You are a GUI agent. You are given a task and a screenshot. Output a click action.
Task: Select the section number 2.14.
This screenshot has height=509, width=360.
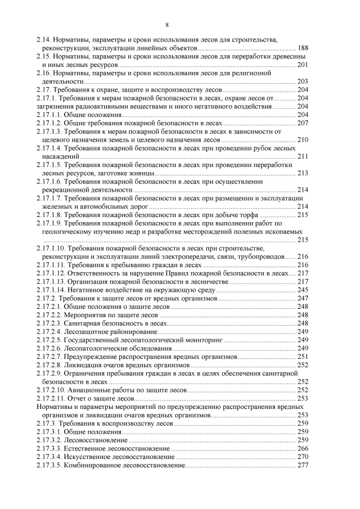pyautogui.click(x=44, y=41)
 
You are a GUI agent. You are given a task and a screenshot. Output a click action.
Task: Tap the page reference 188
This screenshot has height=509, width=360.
pyautogui.click(x=303, y=49)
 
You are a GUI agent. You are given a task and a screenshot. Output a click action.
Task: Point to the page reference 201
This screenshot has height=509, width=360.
pyautogui.click(x=303, y=65)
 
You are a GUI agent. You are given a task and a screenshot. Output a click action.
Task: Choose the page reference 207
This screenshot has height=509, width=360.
pyautogui.click(x=303, y=123)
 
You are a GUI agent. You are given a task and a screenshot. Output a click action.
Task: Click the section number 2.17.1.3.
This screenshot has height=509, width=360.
pyautogui.click(x=48, y=131)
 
